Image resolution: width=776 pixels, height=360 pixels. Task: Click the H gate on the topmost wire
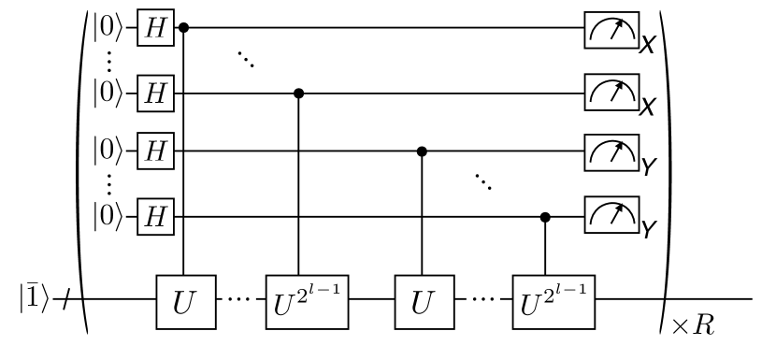(152, 28)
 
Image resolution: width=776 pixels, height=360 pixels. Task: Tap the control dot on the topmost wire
(184, 28)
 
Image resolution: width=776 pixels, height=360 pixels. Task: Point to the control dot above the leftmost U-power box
(299, 94)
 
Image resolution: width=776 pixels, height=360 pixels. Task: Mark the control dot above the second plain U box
(422, 149)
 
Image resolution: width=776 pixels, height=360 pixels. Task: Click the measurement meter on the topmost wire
(610, 30)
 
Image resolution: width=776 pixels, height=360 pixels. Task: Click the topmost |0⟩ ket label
(112, 28)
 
